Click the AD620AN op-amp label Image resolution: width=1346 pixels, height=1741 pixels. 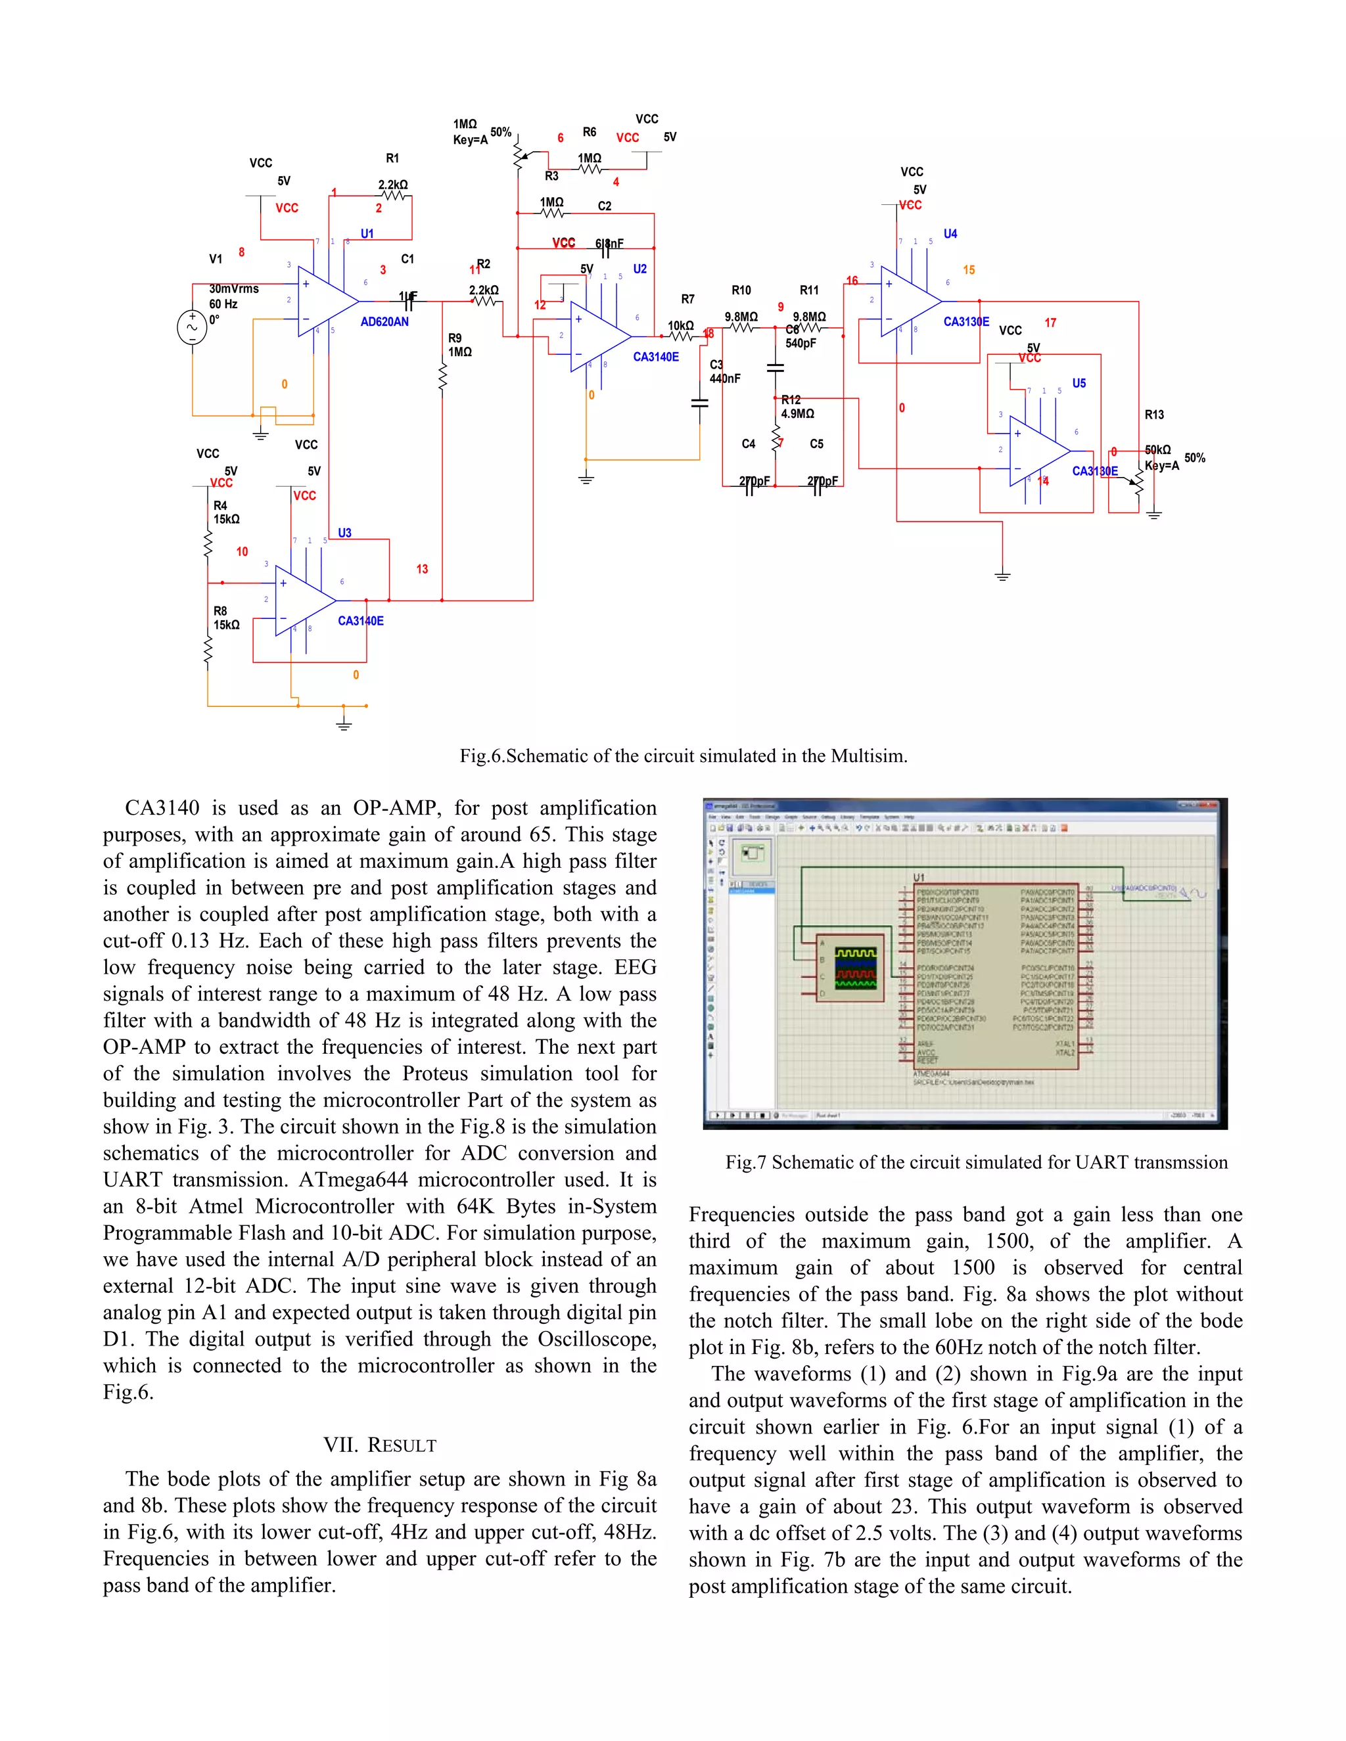point(384,322)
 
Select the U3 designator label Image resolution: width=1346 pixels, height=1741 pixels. point(344,533)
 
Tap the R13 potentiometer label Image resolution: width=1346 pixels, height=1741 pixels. point(1154,415)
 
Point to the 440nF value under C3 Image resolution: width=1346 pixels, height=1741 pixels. point(725,378)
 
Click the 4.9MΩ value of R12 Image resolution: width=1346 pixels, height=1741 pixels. point(797,414)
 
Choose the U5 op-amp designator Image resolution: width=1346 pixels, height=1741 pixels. point(1078,384)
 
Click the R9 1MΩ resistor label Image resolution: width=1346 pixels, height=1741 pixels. point(459,345)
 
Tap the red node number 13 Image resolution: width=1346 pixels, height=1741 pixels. point(422,569)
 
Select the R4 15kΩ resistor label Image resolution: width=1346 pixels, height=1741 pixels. point(225,512)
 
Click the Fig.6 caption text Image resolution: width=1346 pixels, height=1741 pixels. point(684,756)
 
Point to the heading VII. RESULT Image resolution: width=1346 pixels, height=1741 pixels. point(380,1445)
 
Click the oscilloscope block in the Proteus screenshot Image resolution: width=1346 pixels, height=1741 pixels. point(854,968)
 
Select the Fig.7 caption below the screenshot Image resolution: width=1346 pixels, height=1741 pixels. point(976,1162)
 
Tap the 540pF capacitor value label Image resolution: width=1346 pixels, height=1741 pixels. point(801,344)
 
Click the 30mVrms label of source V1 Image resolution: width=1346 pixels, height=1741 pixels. point(233,289)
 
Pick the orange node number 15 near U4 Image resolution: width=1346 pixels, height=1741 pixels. point(969,270)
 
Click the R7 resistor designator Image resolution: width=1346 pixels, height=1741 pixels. point(687,300)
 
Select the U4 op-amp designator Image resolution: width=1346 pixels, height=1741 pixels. point(950,235)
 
